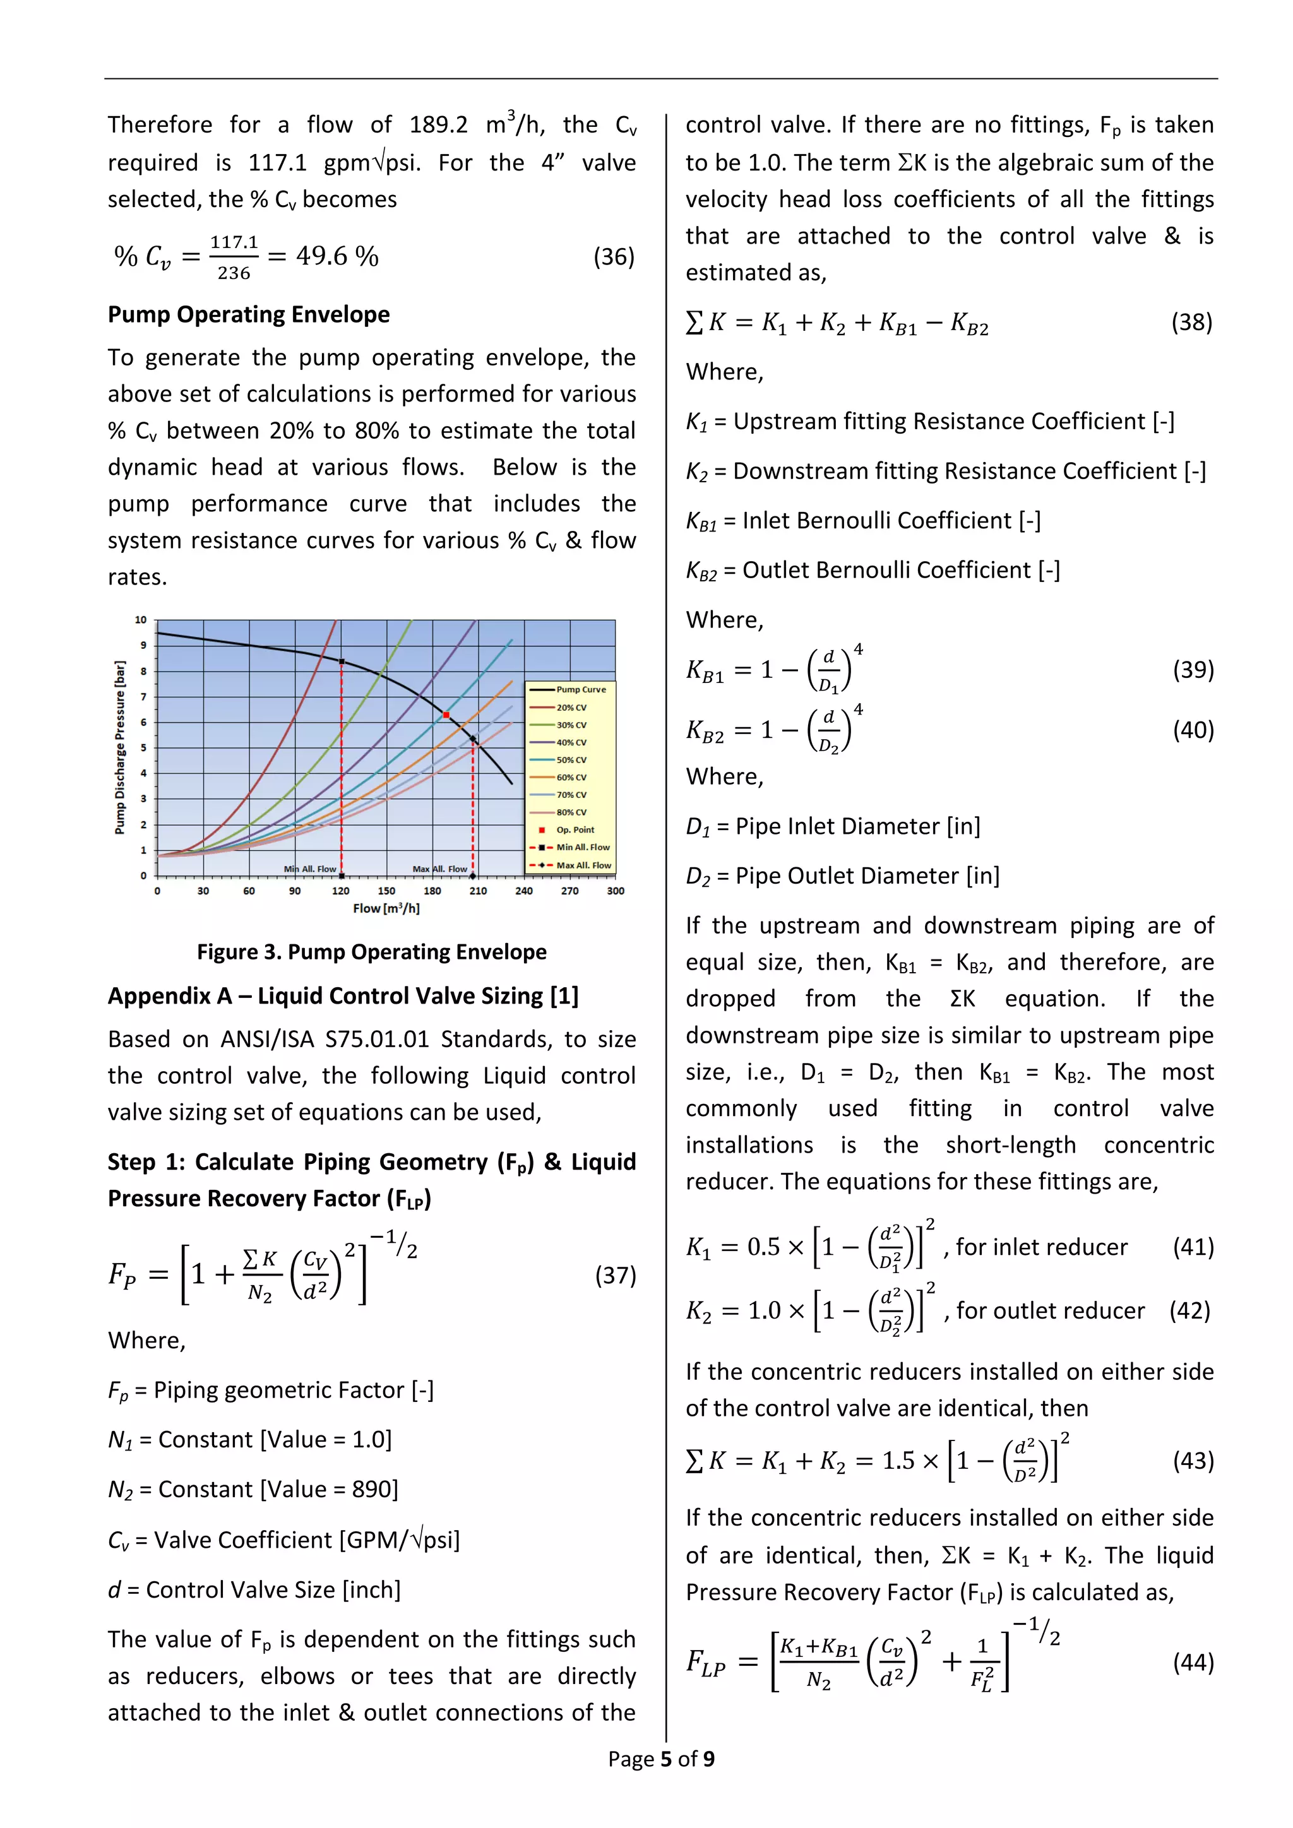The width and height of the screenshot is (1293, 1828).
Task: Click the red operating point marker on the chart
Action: pyautogui.click(x=446, y=715)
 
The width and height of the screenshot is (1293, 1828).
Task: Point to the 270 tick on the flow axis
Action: pyautogui.click(x=569, y=891)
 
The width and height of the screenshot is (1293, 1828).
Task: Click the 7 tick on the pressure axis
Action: pyautogui.click(x=143, y=697)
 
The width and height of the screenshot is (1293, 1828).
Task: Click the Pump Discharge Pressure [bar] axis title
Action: pyautogui.click(x=120, y=747)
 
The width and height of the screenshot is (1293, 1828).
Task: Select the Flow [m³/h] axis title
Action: pyautogui.click(x=386, y=908)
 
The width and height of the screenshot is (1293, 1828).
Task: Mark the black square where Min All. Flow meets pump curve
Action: pyautogui.click(x=342, y=662)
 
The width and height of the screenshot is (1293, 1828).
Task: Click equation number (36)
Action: pyautogui.click(x=614, y=256)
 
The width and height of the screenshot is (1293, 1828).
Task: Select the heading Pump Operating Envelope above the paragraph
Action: pyautogui.click(x=248, y=314)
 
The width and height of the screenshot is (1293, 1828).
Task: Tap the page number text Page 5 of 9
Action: pyautogui.click(x=661, y=1758)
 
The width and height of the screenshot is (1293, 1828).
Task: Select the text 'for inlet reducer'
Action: pyautogui.click(x=1041, y=1247)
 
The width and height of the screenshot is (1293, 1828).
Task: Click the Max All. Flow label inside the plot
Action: pyautogui.click(x=439, y=869)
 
